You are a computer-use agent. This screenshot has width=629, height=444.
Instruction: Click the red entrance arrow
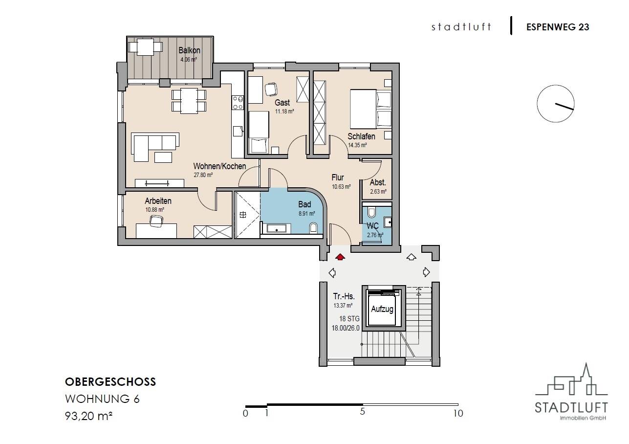coord(340,257)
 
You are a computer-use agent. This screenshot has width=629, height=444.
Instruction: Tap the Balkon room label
coord(189,50)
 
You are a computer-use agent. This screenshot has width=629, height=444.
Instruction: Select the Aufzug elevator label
coord(382,309)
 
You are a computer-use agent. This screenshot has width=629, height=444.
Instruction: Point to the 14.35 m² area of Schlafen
coord(357,145)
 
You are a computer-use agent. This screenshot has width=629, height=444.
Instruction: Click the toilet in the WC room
coord(371,213)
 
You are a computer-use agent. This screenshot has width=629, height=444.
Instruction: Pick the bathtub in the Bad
coord(277,228)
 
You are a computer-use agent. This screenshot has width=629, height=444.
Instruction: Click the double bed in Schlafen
coord(370,109)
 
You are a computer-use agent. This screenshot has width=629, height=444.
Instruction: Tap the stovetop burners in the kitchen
coord(238,103)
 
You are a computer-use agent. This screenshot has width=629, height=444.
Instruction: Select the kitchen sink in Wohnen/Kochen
coord(238,131)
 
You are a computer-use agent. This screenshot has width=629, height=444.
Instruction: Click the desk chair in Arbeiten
coord(156,221)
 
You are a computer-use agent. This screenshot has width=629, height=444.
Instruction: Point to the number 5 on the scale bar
coord(362,412)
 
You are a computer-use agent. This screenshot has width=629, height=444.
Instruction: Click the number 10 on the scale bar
coord(458,413)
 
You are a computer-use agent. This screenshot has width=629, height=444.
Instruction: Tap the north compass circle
coord(555,104)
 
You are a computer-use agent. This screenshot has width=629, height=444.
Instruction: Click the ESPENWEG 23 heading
coord(558,27)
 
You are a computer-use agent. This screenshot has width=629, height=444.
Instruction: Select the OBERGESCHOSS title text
coord(110,382)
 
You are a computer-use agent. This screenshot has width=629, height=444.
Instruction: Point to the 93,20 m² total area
coord(89,416)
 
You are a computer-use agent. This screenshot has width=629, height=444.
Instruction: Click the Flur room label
coord(338,178)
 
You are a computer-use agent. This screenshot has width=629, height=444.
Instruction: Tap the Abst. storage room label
coord(378,183)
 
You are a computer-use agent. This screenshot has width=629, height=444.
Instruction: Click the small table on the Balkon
coord(145,47)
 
